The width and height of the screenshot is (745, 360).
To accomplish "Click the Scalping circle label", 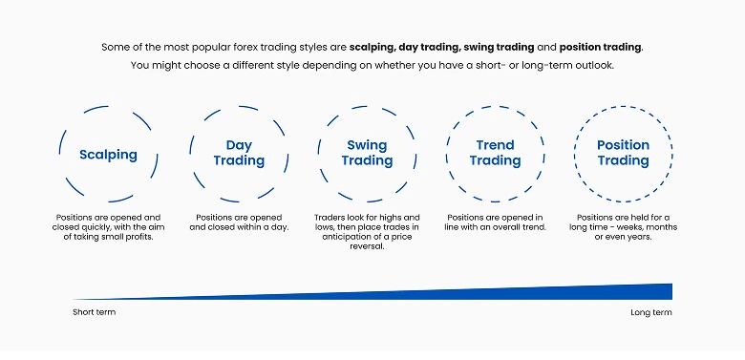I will [108, 154].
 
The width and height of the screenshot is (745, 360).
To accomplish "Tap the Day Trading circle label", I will [239, 153].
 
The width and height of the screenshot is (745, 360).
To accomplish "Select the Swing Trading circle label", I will [367, 153].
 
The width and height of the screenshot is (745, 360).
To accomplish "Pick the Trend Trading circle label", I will [495, 153].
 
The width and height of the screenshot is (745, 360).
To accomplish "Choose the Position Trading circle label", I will [623, 153].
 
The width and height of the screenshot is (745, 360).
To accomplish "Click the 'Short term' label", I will [94, 312].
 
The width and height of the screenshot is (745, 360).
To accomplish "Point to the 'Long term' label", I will [651, 312].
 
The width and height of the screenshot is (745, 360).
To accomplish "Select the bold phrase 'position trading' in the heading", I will [601, 47].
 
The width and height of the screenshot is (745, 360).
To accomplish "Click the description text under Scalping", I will [108, 227].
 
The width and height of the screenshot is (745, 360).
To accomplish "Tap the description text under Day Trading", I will [239, 222].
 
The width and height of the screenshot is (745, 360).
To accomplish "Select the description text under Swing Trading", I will [367, 232].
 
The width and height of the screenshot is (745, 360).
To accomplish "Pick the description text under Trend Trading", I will [495, 222].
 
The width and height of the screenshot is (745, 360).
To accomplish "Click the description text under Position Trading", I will [623, 227].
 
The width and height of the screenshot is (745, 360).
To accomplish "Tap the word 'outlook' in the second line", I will [593, 65].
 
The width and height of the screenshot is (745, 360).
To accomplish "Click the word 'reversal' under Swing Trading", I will [367, 246].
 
